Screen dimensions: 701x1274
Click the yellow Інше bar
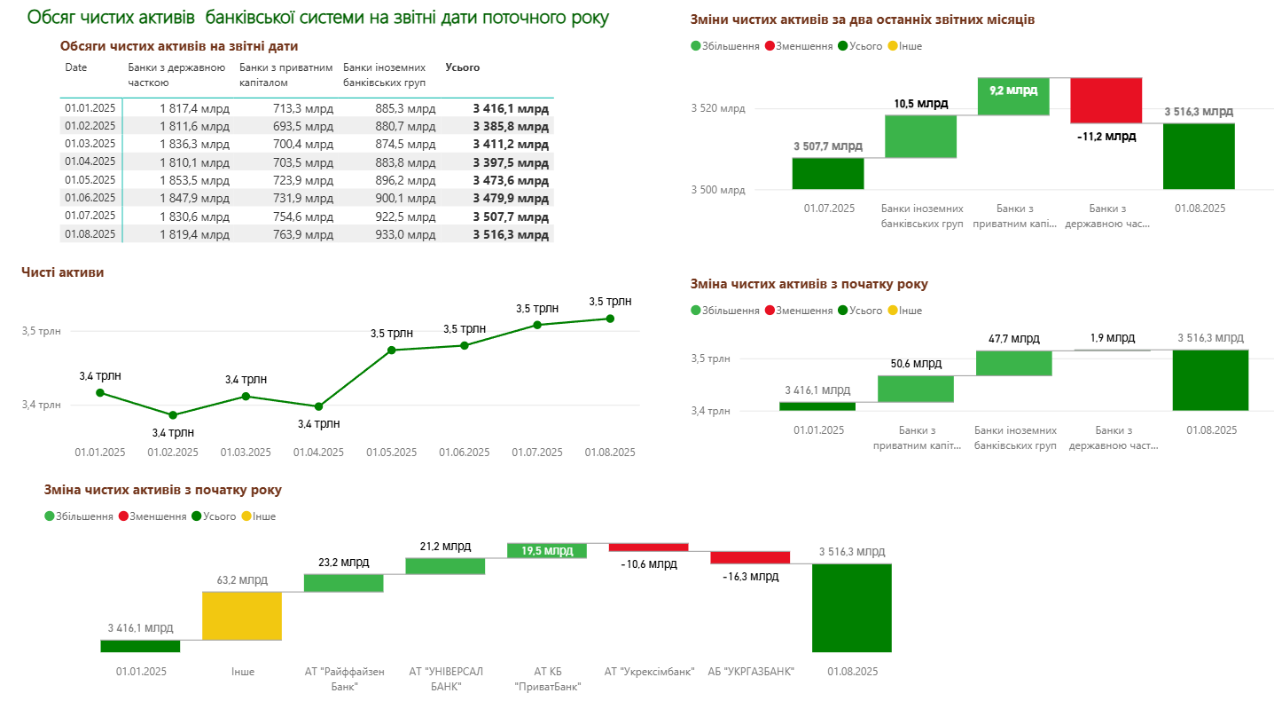(242, 616)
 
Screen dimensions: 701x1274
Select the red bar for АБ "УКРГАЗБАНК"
(750, 557)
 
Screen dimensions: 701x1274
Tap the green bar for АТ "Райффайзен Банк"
(343, 582)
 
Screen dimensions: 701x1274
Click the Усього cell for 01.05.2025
(511, 180)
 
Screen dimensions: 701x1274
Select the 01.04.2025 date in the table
(90, 161)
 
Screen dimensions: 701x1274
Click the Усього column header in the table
(462, 67)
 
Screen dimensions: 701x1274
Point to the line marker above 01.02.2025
(173, 415)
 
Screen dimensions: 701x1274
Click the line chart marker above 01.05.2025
(392, 350)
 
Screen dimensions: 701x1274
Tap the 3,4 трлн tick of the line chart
(42, 406)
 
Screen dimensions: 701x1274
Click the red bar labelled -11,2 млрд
(1106, 100)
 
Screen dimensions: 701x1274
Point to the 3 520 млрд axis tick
(718, 109)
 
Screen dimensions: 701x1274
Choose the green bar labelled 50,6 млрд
(916, 389)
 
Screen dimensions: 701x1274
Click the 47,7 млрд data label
(1013, 339)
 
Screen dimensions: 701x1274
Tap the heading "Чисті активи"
(62, 272)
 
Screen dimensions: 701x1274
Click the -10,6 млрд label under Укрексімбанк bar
(649, 564)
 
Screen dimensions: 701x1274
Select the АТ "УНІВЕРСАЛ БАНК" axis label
(446, 678)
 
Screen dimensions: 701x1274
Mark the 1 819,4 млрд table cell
(194, 234)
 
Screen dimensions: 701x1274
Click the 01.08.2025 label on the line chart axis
(610, 453)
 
